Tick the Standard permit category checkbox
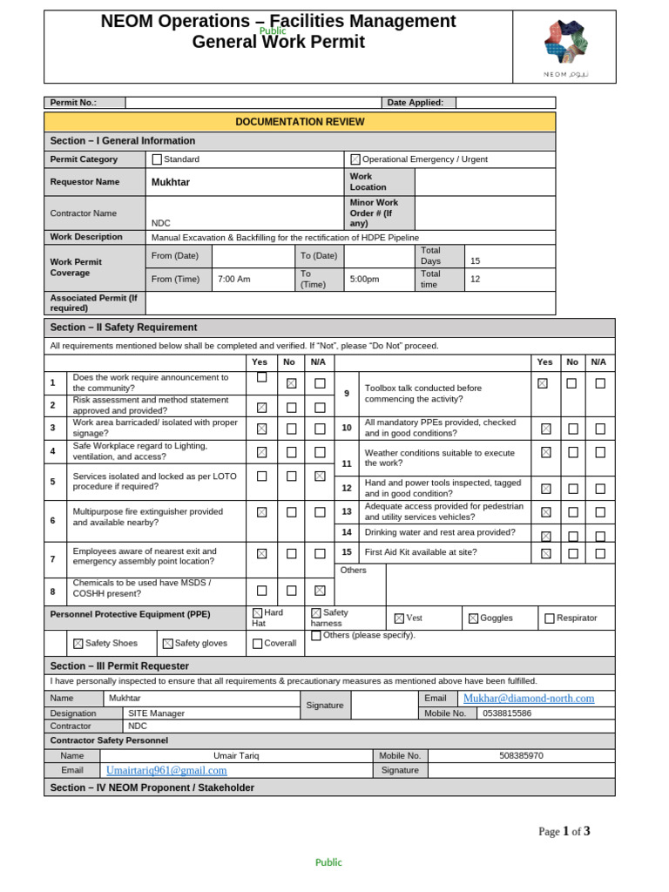click(x=157, y=159)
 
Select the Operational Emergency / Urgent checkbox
click(x=355, y=159)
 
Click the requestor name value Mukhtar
click(x=171, y=182)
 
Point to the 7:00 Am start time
click(x=233, y=280)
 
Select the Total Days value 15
click(x=475, y=260)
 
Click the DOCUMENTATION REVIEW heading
click(x=300, y=122)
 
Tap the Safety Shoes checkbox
click(x=78, y=644)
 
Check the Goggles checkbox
click(x=473, y=618)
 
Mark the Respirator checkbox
click(x=549, y=618)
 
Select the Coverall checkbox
click(x=257, y=644)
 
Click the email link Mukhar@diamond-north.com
click(x=529, y=699)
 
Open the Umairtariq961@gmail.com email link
click(x=166, y=770)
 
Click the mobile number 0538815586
click(x=507, y=713)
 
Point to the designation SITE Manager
click(x=156, y=713)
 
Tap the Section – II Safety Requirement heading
click(x=124, y=328)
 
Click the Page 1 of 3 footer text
click(x=564, y=831)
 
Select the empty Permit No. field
click(x=253, y=103)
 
